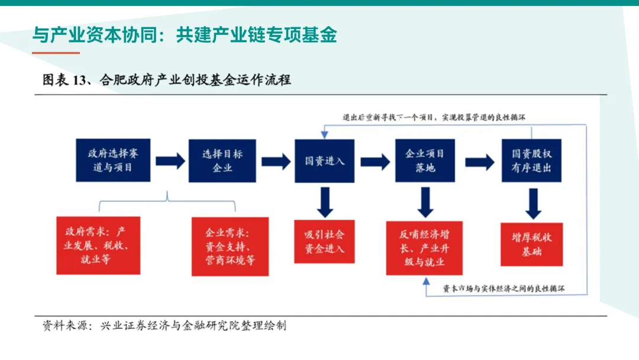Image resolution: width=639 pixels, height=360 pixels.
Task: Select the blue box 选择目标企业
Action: click(222, 160)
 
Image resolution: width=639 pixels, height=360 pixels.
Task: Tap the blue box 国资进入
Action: click(324, 160)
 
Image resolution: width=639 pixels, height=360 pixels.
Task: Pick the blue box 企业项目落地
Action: click(425, 160)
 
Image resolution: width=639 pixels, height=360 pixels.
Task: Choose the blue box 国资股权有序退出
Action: click(531, 160)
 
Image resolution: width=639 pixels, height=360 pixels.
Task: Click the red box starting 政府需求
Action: click(98, 245)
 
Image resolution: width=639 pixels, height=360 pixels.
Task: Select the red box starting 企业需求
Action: click(230, 246)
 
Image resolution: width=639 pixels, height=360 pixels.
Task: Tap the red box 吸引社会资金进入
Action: click(324, 241)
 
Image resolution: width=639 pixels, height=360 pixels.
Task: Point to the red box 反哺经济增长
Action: click(424, 247)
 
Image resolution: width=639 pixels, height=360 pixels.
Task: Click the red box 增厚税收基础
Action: click(531, 244)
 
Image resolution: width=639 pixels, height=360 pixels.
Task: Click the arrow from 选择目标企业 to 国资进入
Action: click(276, 161)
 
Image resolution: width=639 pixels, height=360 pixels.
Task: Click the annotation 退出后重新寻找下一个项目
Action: click(388, 117)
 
